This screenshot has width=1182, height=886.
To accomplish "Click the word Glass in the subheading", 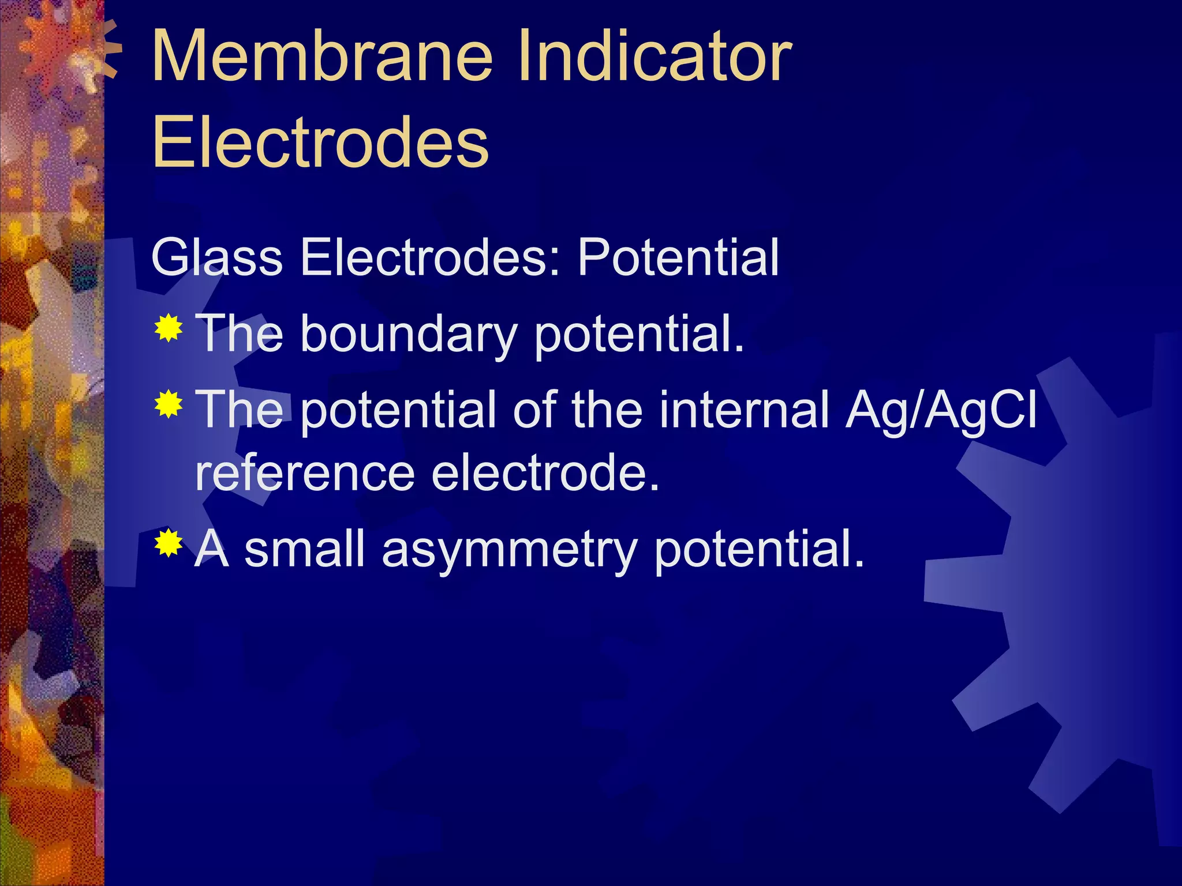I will [x=216, y=258].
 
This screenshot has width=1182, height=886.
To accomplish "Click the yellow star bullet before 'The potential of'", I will [x=169, y=404].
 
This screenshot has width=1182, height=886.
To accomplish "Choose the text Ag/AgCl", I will [x=941, y=410].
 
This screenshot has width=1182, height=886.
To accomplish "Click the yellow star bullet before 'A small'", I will [x=169, y=543].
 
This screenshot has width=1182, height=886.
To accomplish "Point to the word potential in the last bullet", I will [x=759, y=549].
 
